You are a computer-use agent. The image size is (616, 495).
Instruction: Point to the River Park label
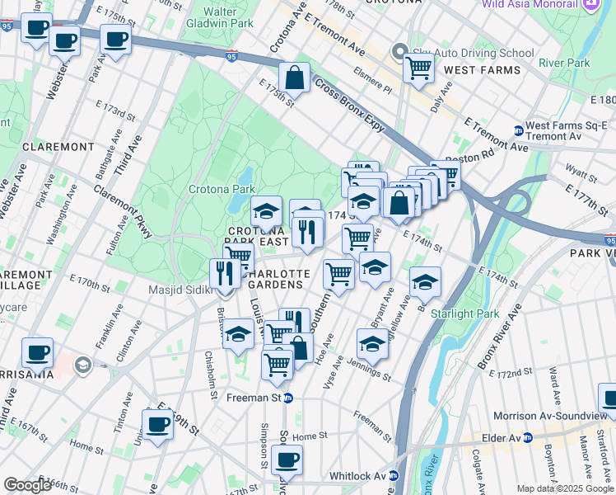point(564,63)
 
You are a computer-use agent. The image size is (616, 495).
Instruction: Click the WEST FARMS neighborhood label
point(482,70)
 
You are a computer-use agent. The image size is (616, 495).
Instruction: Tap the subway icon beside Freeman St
point(288,398)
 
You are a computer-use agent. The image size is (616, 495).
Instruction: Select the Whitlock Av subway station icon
point(394,476)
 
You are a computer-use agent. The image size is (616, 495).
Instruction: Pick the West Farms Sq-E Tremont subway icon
point(519,130)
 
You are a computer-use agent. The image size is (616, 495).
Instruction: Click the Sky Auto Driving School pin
point(401,53)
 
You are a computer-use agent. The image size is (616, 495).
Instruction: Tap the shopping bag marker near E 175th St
point(293,79)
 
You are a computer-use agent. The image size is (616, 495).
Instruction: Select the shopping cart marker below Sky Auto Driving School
point(419,68)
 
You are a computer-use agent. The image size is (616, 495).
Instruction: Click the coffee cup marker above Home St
point(157,425)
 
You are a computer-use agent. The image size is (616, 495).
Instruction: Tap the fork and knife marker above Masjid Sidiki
point(225,274)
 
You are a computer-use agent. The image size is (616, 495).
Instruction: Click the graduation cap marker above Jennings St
point(372,344)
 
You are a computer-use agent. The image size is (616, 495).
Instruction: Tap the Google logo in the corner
point(28,485)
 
